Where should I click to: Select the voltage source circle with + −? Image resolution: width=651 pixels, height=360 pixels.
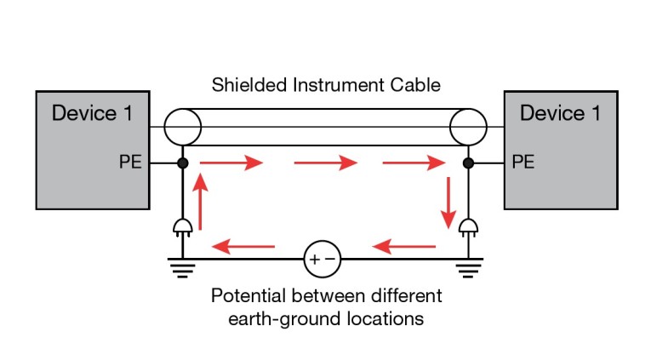[x=323, y=256]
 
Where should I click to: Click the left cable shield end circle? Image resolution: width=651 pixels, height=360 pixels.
[x=182, y=127]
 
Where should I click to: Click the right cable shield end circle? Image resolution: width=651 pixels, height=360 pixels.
[x=468, y=127]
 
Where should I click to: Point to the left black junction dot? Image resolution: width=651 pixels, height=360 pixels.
[x=182, y=161]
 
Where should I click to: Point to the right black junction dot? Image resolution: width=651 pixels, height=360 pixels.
[x=468, y=161]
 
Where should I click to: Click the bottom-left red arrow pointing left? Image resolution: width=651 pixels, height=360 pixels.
[x=243, y=248]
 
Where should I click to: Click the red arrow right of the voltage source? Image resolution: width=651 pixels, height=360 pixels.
[x=403, y=248]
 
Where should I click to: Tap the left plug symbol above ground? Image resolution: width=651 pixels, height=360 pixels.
[x=182, y=225]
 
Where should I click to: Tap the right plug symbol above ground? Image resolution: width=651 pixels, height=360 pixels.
[x=468, y=225]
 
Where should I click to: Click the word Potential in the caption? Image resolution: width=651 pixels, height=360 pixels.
[x=247, y=297]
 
